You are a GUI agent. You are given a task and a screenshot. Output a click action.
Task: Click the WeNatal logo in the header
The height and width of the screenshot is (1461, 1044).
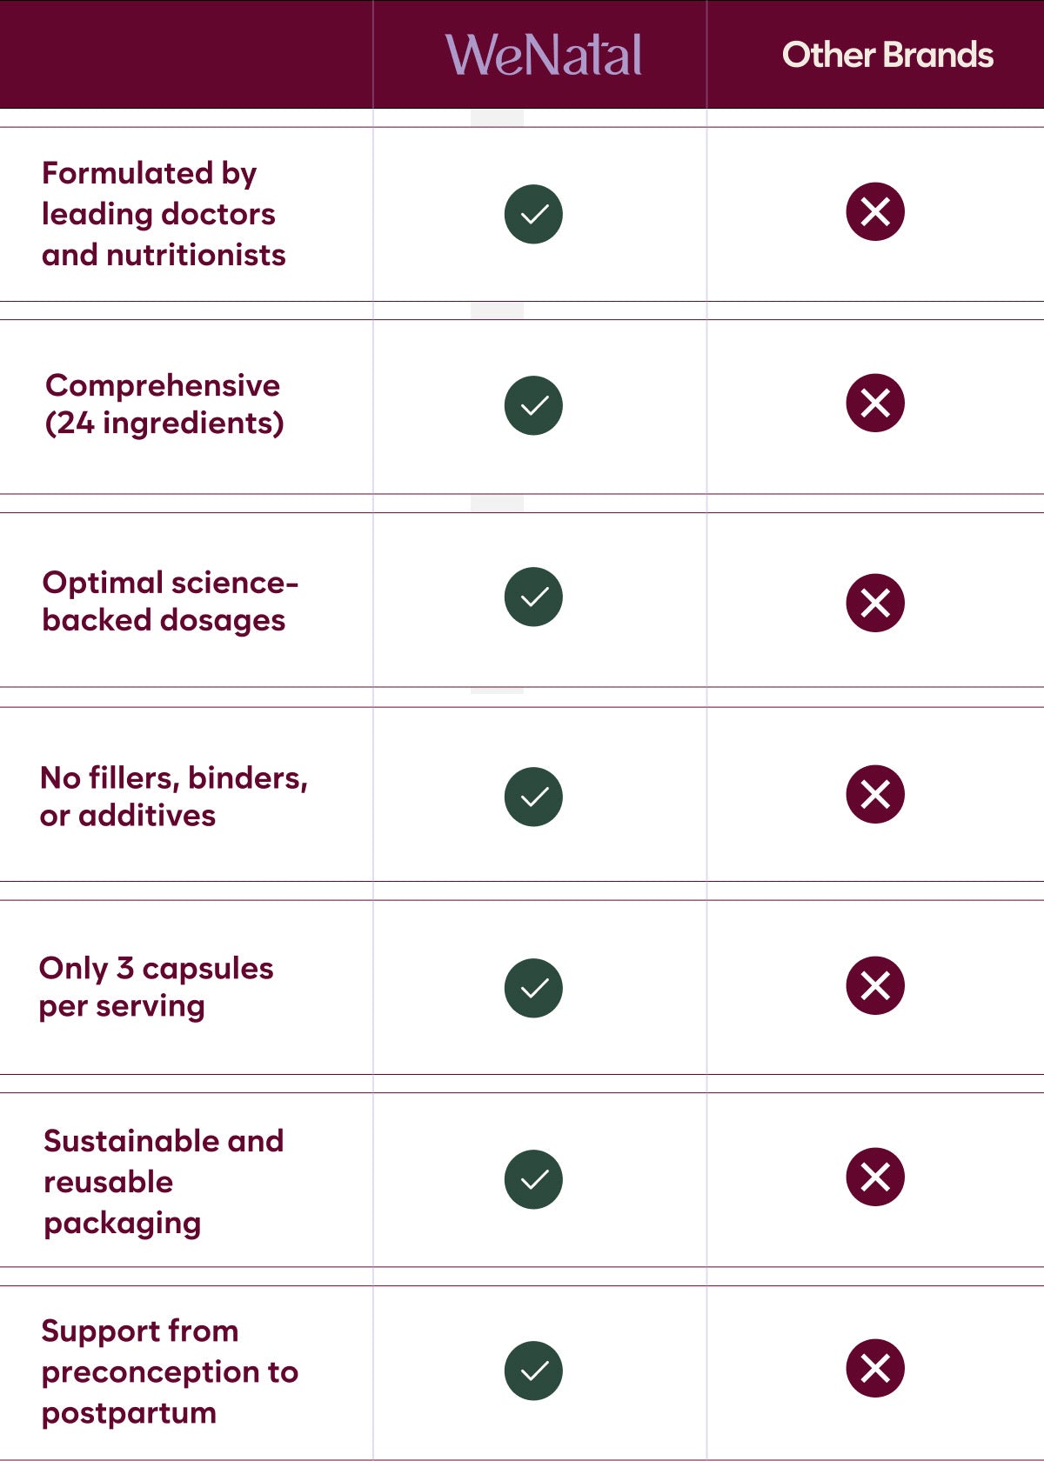coord(544,54)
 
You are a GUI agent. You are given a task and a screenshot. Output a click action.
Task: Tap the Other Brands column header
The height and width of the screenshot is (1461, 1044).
coord(887,55)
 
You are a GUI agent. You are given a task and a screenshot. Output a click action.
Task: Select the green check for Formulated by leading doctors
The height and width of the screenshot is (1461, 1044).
coord(533,214)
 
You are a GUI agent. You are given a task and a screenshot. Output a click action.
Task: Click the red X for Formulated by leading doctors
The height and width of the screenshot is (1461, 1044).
coord(875,211)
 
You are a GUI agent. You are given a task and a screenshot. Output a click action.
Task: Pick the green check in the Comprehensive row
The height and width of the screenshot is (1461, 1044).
coord(533,405)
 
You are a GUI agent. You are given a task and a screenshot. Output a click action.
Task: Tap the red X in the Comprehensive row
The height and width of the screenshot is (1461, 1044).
coord(875,403)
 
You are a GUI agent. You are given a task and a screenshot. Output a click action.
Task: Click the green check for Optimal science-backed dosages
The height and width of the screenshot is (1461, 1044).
coord(533,597)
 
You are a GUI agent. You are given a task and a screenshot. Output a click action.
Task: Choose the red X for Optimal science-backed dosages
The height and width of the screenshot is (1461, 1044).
coord(875,603)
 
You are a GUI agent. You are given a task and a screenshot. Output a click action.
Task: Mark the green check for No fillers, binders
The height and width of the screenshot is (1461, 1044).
coord(533,797)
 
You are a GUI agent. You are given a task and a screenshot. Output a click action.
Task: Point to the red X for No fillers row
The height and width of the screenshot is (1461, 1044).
coord(875,794)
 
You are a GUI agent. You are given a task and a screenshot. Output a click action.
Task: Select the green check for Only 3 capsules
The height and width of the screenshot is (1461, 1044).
coord(533,988)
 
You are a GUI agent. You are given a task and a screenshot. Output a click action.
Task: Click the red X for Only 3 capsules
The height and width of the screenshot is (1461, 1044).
coord(875,984)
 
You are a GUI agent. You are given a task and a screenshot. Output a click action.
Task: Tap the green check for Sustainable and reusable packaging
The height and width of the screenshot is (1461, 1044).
coord(533,1179)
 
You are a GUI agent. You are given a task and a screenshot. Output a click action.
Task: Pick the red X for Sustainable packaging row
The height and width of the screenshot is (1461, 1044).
coord(875,1177)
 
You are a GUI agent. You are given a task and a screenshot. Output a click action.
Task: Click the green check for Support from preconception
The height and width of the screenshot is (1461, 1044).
coord(533,1371)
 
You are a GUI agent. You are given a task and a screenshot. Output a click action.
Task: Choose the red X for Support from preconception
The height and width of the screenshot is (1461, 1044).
coord(875,1368)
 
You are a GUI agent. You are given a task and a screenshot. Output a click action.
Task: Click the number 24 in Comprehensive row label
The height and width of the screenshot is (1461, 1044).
coord(76,423)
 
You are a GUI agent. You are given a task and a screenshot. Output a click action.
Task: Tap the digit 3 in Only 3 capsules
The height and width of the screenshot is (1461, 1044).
coord(125,968)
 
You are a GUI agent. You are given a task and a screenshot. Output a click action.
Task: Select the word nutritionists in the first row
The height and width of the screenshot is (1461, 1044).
coord(196,255)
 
